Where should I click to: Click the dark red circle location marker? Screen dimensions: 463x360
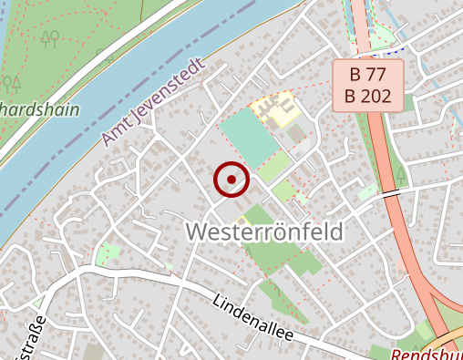231,180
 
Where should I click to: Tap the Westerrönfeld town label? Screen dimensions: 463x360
265,232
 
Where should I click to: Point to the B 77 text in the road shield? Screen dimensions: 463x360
366,75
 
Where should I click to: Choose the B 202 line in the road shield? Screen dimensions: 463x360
366,96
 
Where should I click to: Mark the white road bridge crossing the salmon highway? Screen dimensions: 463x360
390,194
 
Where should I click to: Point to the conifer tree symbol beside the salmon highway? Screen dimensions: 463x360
402,174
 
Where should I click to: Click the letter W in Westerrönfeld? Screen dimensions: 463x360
198,232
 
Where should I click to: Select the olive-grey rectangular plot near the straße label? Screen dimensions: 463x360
94,352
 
